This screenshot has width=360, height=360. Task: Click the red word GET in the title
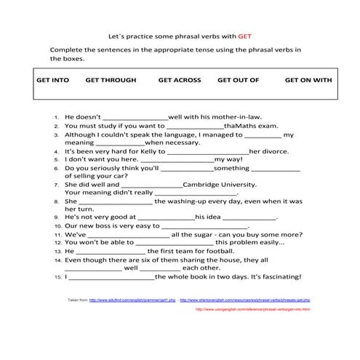click(244, 34)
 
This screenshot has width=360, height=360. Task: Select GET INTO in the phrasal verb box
click(52, 80)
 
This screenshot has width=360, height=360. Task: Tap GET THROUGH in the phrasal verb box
click(111, 80)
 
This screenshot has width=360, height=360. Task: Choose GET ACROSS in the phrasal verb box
click(179, 80)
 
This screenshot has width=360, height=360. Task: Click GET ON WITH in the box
click(308, 80)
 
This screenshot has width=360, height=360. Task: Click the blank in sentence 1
click(136, 116)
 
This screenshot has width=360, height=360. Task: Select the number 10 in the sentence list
click(57, 226)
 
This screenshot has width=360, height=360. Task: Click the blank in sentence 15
click(111, 277)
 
